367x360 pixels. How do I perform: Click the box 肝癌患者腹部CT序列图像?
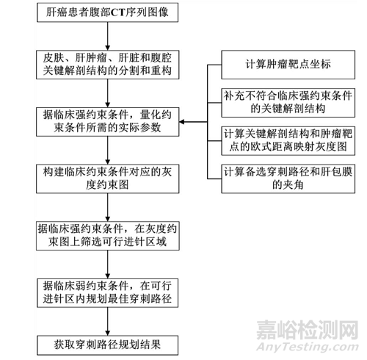107,12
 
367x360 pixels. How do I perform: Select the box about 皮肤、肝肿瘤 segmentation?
108,65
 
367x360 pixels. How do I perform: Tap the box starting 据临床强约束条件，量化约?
108,122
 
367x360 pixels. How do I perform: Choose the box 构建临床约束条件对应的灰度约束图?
108,179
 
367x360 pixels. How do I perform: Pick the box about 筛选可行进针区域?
108,236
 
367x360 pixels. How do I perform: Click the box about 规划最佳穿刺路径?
107,293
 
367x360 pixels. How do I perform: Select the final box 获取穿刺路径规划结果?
107,345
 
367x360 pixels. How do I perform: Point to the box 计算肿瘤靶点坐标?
288,65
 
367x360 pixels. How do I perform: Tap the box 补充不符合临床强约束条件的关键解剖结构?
288,103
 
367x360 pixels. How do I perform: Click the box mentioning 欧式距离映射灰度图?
288,141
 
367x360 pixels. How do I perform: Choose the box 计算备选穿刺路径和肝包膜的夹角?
288,179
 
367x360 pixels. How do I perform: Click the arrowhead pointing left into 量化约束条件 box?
182,122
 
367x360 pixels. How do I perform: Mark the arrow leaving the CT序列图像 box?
107,36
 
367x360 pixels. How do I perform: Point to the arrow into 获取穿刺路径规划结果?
107,322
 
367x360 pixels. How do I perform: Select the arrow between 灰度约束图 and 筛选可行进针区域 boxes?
107,207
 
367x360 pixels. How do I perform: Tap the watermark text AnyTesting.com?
308,347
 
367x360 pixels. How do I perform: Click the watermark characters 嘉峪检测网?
308,330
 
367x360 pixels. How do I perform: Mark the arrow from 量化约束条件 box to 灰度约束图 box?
107,151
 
